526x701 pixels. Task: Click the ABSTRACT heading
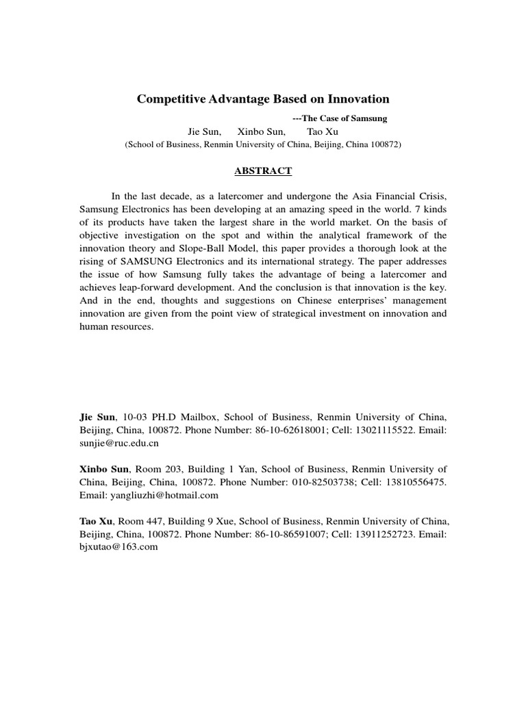tap(262, 171)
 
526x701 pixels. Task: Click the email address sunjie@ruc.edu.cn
tap(119, 443)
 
